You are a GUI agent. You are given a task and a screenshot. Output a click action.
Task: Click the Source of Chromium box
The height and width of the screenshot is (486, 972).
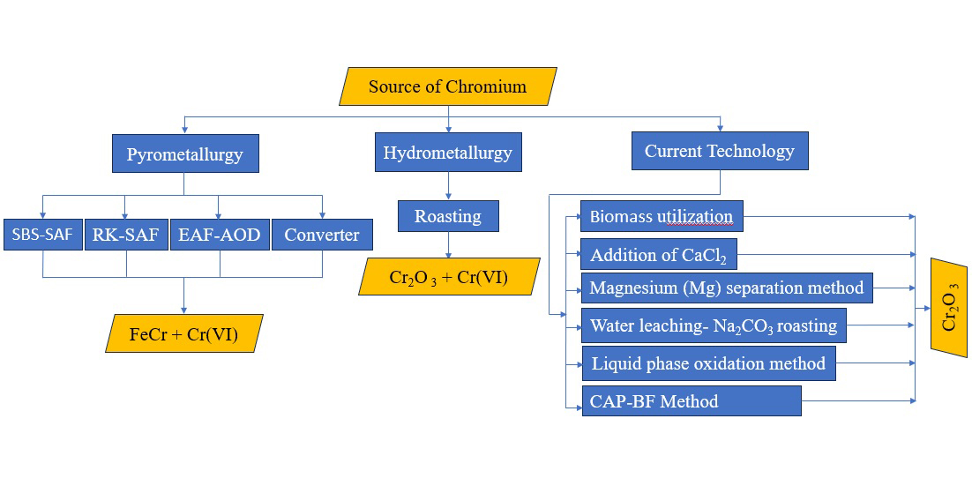[447, 86]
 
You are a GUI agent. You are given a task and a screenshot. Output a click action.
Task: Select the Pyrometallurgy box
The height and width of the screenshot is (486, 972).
[184, 153]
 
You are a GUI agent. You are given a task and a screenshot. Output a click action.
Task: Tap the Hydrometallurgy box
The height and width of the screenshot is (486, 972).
[447, 153]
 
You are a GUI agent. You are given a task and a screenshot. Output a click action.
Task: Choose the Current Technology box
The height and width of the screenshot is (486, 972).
[720, 151]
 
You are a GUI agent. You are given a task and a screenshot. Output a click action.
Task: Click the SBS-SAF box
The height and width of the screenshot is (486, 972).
[42, 235]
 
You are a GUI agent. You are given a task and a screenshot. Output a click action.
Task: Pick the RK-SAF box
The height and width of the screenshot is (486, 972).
[125, 235]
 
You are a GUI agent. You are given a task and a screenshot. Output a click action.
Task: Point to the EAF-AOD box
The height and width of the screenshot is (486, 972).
[219, 235]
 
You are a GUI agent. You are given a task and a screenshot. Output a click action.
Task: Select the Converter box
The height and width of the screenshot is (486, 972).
[322, 235]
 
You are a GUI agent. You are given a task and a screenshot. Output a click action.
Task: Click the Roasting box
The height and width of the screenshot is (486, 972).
[447, 216]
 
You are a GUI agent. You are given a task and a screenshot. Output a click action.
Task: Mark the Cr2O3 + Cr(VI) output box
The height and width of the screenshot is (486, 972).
[447, 276]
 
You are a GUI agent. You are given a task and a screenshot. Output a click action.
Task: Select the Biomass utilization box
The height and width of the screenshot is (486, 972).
[662, 216]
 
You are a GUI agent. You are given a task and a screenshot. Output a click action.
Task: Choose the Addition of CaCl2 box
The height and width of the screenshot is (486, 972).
[658, 254]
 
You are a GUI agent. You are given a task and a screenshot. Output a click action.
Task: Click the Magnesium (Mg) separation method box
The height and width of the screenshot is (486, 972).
[726, 288]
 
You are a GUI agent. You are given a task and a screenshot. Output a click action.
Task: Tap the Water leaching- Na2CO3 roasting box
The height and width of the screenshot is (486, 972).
[713, 325]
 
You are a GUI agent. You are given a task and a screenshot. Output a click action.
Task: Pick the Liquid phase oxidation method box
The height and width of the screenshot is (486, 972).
[707, 363]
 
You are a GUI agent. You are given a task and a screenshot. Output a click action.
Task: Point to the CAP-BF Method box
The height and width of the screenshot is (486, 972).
[691, 400]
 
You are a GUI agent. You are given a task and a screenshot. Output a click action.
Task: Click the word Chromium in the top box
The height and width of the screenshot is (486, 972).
[486, 86]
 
